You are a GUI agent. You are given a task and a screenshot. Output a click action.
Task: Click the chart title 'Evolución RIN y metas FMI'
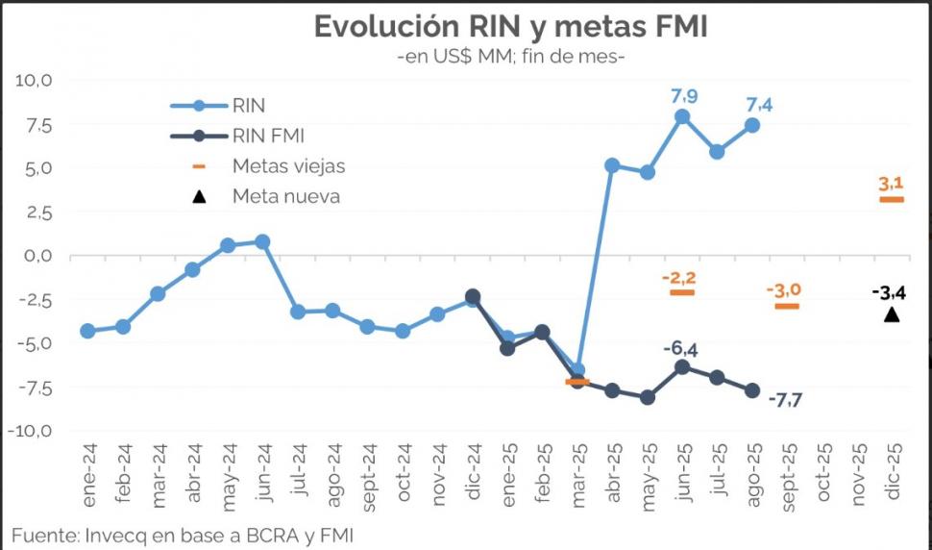pos(510,27)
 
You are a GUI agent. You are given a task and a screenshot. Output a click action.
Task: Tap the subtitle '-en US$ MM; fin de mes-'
pos(511,58)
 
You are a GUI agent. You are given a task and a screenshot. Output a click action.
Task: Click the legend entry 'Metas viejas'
pos(288,165)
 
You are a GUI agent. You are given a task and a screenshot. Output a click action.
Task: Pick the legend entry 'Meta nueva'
pos(285,196)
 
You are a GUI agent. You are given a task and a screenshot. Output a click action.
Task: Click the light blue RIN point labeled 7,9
pos(682,116)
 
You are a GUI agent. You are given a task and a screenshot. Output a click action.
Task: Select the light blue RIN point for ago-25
pos(752,125)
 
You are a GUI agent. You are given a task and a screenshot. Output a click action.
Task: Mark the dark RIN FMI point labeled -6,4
pos(682,366)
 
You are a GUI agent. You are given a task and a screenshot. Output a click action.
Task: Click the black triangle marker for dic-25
pos(892,314)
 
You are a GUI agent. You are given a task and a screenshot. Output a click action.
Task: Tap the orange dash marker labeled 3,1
pos(892,199)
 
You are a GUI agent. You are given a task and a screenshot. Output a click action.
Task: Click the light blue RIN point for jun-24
pos(262,241)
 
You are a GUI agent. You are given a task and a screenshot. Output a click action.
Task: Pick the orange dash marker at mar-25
pos(577,382)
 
